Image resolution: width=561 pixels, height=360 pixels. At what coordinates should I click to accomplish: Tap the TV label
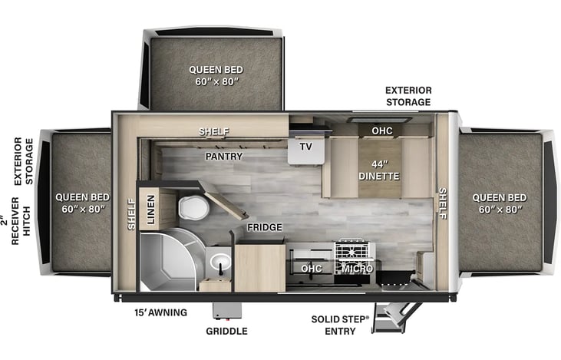[305, 147]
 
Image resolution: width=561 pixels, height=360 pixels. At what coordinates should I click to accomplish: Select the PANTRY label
[223, 157]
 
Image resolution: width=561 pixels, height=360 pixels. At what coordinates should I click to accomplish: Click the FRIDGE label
[264, 228]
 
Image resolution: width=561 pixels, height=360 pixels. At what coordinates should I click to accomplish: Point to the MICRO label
[357, 269]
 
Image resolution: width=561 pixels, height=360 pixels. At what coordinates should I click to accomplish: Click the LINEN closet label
[151, 209]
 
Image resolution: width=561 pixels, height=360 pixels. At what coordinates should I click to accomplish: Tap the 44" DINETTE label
[379, 168]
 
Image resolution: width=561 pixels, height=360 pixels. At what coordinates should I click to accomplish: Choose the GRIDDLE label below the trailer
[226, 332]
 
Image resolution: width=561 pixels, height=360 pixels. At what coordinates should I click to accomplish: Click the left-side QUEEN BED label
[82, 202]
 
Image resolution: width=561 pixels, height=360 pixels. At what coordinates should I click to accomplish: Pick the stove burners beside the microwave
[353, 250]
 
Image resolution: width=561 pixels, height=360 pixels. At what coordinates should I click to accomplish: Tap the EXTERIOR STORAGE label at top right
[408, 96]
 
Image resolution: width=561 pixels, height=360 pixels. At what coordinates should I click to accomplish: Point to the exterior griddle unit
[226, 310]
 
